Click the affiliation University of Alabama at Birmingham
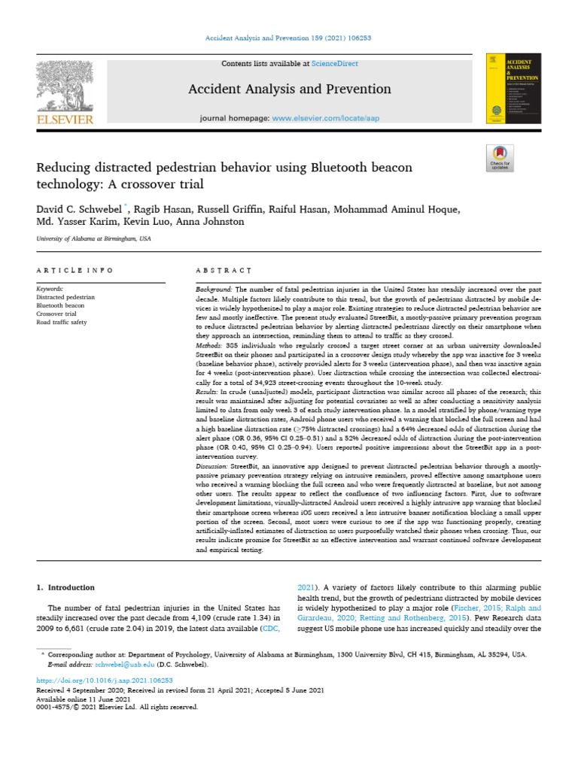(x=93, y=238)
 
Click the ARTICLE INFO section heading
(x=75, y=270)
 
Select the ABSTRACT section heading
(x=224, y=270)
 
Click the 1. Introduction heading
(x=66, y=587)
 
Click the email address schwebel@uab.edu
(x=117, y=665)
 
